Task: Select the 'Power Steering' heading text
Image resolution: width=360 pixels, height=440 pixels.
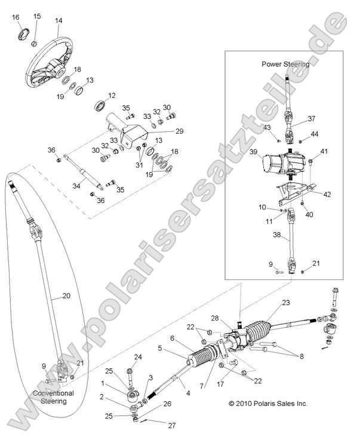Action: tap(285, 64)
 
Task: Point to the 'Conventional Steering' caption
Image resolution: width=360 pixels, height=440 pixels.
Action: tap(53, 398)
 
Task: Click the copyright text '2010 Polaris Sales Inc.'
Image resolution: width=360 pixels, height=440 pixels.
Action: tap(268, 404)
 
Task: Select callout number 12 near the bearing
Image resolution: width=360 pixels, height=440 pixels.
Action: tap(112, 96)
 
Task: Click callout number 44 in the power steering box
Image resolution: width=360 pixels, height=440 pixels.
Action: tap(314, 134)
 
